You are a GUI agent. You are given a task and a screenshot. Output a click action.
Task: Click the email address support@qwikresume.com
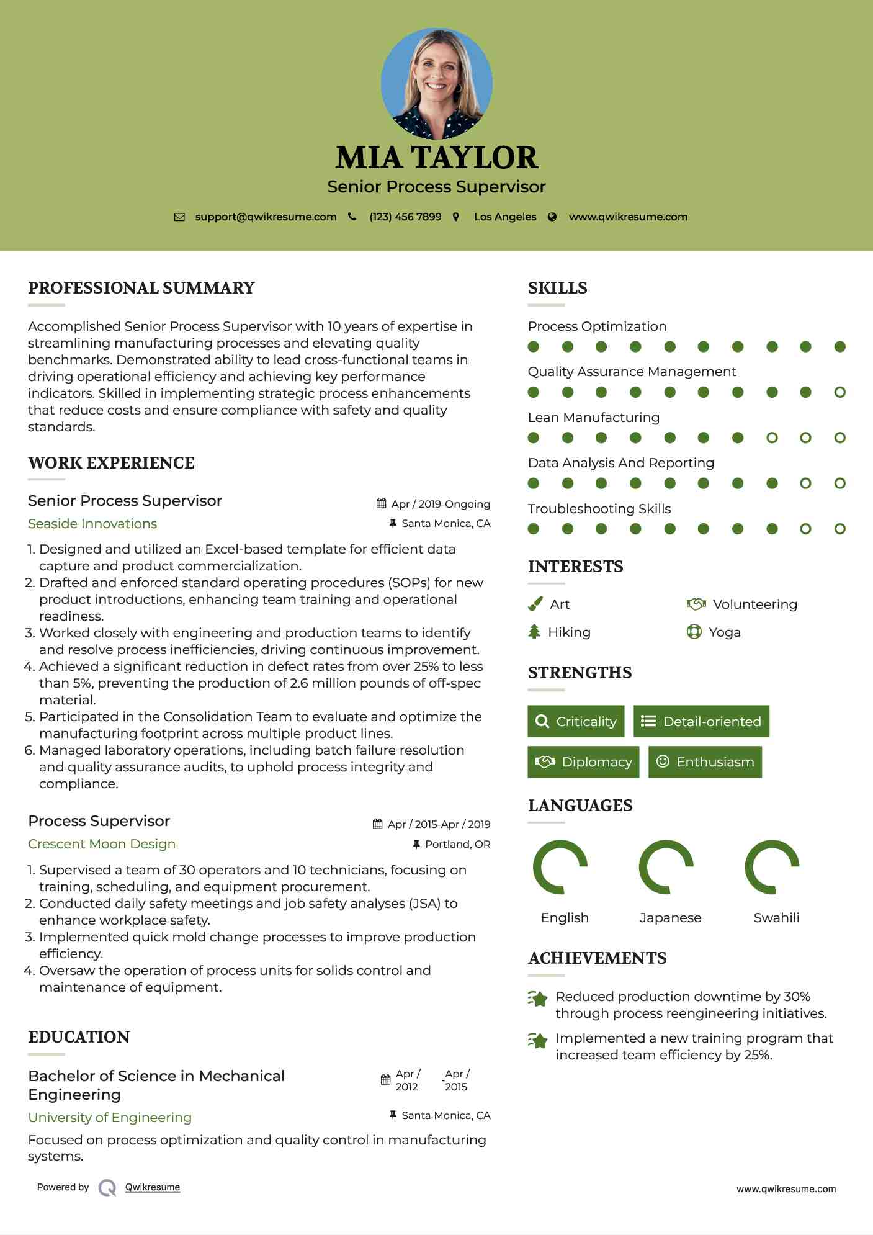[266, 217]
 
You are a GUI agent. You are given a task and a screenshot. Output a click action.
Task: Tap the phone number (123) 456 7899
[405, 217]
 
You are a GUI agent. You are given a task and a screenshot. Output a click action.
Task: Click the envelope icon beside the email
[179, 217]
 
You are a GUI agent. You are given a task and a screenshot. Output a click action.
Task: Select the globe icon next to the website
[552, 217]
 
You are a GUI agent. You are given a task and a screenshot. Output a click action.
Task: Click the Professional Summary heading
[141, 288]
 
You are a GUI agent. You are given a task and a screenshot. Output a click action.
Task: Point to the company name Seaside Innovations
[92, 524]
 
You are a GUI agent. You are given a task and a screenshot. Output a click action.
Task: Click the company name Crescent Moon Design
[102, 844]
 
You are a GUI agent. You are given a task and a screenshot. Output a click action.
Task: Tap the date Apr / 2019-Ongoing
[441, 504]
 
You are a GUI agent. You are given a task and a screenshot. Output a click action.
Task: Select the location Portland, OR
[457, 844]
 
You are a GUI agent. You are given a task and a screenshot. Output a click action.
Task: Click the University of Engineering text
[110, 1118]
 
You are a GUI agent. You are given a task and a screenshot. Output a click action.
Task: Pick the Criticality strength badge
[576, 721]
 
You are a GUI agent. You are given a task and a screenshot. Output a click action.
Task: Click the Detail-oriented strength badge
[701, 721]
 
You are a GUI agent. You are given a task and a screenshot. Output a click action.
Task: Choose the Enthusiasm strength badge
[705, 762]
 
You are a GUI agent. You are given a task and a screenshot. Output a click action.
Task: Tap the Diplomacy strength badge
[583, 762]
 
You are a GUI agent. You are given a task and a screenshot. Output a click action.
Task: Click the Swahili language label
[776, 918]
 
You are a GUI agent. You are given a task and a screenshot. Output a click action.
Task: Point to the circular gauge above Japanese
[666, 867]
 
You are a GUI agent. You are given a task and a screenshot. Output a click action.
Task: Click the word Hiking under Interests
[569, 632]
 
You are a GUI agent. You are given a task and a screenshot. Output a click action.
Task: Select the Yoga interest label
[725, 632]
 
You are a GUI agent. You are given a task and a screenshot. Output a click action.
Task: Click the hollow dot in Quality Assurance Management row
[840, 392]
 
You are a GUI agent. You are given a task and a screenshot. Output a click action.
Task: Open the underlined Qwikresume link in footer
[153, 1187]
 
